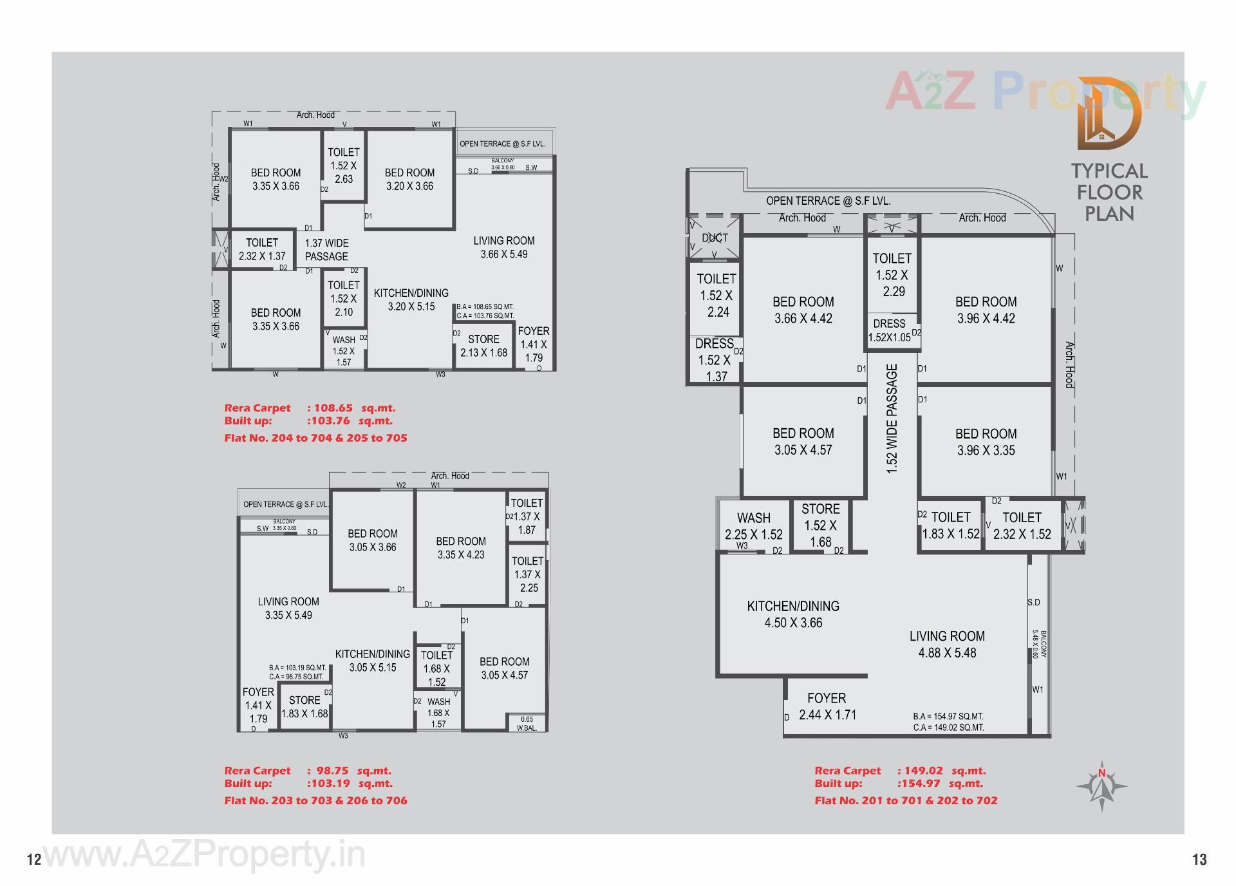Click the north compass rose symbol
click(x=1101, y=786)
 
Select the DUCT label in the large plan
click(x=715, y=238)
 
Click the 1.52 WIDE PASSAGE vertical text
click(x=892, y=419)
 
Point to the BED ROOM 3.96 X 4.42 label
click(x=986, y=310)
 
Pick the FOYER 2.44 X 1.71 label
click(x=827, y=706)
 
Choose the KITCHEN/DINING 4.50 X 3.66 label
click(x=793, y=614)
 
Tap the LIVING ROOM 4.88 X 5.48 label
click(x=947, y=644)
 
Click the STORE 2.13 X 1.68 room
click(x=483, y=346)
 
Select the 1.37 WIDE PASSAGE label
click(x=326, y=250)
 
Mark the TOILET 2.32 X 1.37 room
click(x=262, y=249)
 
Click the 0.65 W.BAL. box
click(x=527, y=724)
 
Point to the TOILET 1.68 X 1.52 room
click(x=436, y=668)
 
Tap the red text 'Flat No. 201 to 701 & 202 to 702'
click(x=906, y=800)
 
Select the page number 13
click(x=1199, y=860)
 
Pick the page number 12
click(x=34, y=860)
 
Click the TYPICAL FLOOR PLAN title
click(x=1109, y=192)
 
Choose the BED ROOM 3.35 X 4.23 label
click(x=461, y=548)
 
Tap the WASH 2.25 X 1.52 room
click(x=754, y=526)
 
